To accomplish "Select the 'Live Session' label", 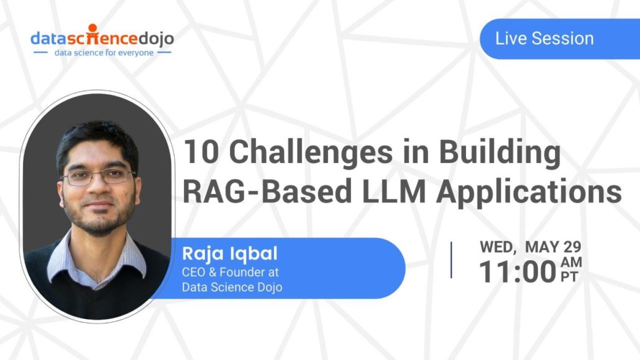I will click(544, 39).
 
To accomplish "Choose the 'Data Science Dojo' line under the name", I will click(232, 287).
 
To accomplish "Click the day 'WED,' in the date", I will click(498, 247).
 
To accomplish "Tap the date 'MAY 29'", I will click(553, 247).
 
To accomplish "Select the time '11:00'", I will click(518, 273).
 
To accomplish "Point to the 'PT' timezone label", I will click(569, 278).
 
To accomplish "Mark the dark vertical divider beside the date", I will click(451, 260).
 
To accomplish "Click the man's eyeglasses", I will click(99, 176).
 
